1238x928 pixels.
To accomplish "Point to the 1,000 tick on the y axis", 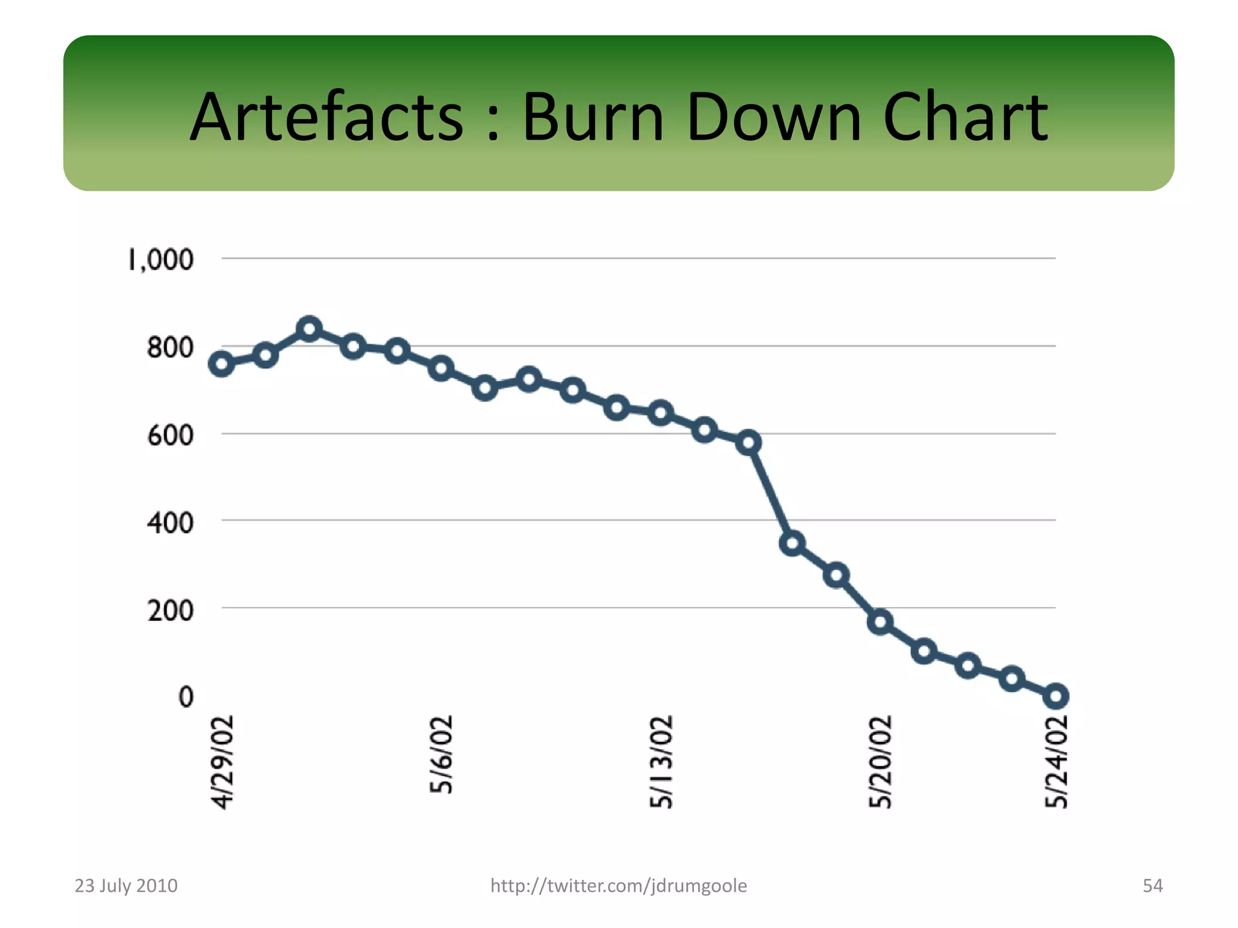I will pyautogui.click(x=161, y=260).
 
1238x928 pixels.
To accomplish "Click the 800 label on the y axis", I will pyautogui.click(x=170, y=348).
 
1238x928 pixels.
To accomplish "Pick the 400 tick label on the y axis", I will pyautogui.click(x=170, y=523).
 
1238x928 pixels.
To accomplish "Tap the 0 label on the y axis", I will pyautogui.click(x=186, y=697).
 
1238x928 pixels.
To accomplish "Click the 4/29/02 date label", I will pyautogui.click(x=222, y=762).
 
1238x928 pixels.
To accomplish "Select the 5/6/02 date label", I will pyautogui.click(x=441, y=755).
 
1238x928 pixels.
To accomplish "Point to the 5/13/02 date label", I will pyautogui.click(x=661, y=762).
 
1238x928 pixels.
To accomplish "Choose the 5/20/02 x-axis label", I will pyautogui.click(x=880, y=762).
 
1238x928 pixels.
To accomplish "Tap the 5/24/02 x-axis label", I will pyautogui.click(x=1056, y=762).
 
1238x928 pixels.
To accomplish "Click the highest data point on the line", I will pyautogui.click(x=309, y=329).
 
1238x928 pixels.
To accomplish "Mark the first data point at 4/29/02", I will pyautogui.click(x=222, y=364).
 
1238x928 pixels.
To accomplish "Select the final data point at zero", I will pyautogui.click(x=1056, y=697).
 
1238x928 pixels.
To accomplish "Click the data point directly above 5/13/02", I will pyautogui.click(x=661, y=413).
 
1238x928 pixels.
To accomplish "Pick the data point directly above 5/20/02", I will pyautogui.click(x=880, y=622).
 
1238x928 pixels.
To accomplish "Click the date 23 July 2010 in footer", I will pyautogui.click(x=126, y=886).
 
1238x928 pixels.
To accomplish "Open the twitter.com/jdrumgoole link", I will pyautogui.click(x=618, y=886).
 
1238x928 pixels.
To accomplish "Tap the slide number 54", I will pyautogui.click(x=1152, y=886).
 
